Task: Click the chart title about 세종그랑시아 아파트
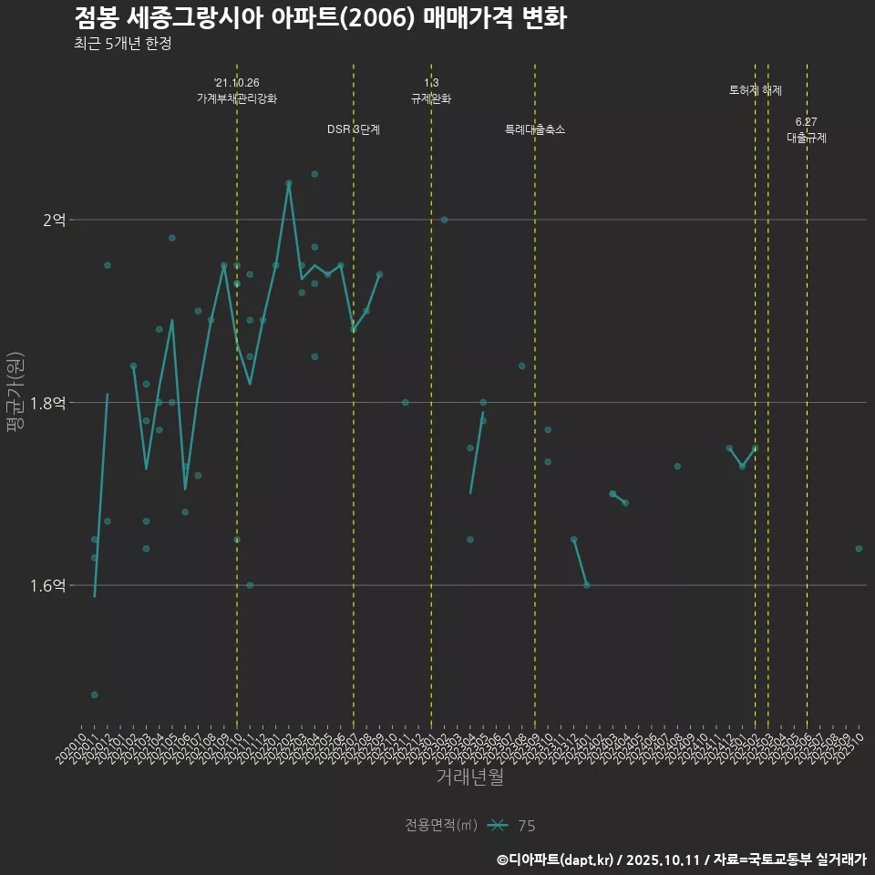[x=320, y=18]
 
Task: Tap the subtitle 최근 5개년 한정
[x=122, y=44]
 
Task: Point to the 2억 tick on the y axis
[x=54, y=220]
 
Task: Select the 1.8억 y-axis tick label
[x=47, y=402]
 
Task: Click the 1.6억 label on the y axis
[x=47, y=585]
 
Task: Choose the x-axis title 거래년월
[x=469, y=777]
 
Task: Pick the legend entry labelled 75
[x=526, y=826]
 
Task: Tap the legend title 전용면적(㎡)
[x=441, y=826]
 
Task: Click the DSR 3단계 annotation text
[x=354, y=129]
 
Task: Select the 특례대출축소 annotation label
[x=535, y=129]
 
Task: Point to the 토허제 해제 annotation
[x=756, y=90]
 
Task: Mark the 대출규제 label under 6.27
[x=807, y=138]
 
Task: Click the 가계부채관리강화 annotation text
[x=237, y=98]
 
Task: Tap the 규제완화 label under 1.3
[x=431, y=98]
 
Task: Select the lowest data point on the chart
[x=94, y=695]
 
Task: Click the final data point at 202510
[x=859, y=549]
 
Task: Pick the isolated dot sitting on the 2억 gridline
[x=444, y=220]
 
